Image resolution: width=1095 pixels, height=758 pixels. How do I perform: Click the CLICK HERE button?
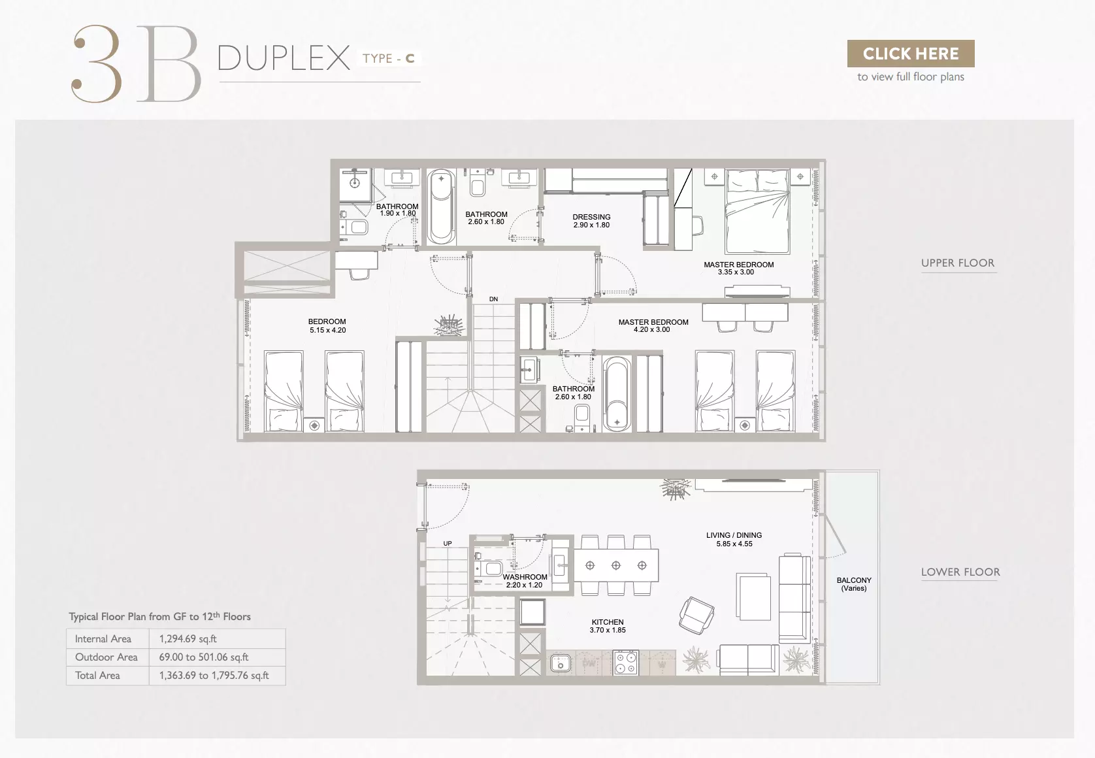911,54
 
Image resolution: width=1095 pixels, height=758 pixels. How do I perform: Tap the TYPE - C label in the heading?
389,59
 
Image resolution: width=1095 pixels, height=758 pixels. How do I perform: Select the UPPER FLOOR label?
958,263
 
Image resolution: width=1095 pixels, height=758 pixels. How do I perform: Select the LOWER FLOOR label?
960,572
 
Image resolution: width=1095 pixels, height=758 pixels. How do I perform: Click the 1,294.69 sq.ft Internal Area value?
188,638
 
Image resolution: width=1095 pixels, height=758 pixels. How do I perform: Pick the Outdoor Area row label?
106,657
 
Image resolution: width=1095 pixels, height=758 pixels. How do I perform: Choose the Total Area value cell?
214,676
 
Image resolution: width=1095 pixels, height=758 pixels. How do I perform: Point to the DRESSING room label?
591,217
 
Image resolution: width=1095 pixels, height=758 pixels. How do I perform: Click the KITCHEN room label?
608,622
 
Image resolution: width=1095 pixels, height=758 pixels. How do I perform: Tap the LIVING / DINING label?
734,535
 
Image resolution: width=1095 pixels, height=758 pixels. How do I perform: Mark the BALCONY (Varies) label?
854,584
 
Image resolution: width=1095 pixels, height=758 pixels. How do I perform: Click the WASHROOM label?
525,577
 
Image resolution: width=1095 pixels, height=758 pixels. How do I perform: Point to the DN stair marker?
494,299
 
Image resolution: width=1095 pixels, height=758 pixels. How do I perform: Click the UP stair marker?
448,543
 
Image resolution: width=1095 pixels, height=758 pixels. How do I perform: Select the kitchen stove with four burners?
626,663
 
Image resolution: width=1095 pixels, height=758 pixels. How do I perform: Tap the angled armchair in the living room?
696,616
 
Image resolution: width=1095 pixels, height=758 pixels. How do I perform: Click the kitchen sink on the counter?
561,663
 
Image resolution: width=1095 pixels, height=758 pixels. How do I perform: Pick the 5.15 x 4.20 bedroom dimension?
327,330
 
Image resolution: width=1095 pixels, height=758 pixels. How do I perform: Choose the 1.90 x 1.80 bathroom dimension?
398,213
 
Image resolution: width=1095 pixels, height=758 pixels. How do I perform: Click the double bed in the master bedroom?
757,211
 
